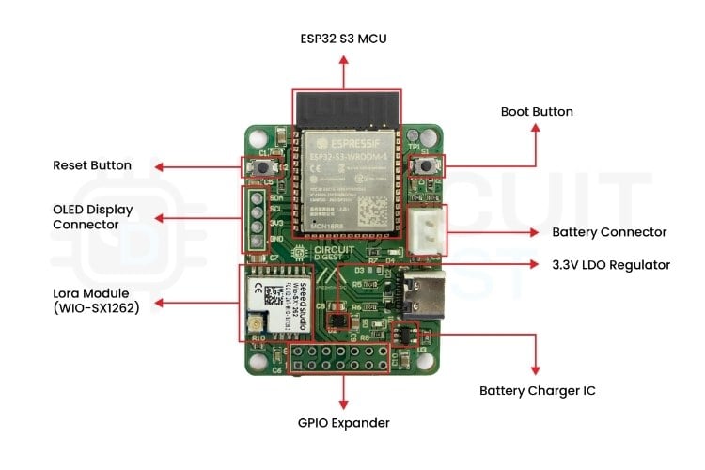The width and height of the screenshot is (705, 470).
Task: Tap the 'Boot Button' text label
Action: coord(537,111)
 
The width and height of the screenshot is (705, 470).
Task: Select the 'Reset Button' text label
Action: coord(92,165)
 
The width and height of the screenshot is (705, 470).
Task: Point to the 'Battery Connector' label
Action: coord(609,232)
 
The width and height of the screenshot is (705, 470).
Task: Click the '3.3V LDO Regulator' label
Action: coord(611,264)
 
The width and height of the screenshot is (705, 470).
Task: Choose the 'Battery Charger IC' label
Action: coord(537,390)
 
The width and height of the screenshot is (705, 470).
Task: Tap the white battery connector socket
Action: coord(427,230)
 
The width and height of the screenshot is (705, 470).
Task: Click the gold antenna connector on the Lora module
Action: coord(254,325)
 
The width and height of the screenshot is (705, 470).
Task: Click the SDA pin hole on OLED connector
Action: coord(256,198)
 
